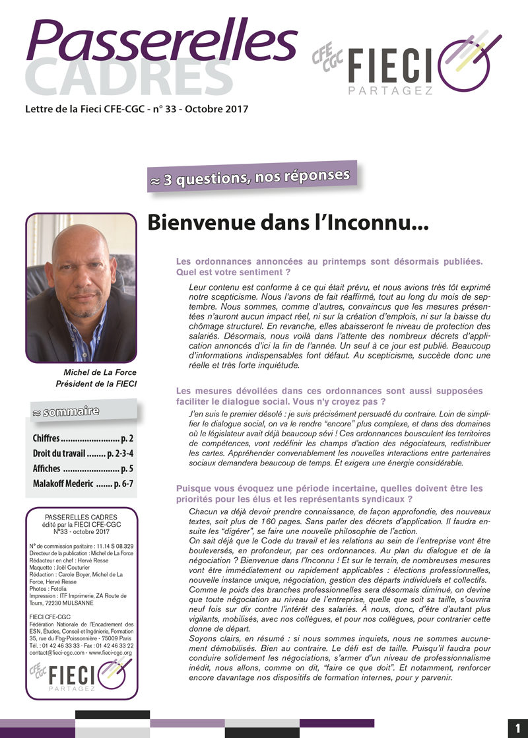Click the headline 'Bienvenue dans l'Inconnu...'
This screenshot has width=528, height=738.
tap(288, 223)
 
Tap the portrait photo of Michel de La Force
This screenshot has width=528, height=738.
tap(81, 288)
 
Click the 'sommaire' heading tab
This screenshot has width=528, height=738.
tap(66, 413)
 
